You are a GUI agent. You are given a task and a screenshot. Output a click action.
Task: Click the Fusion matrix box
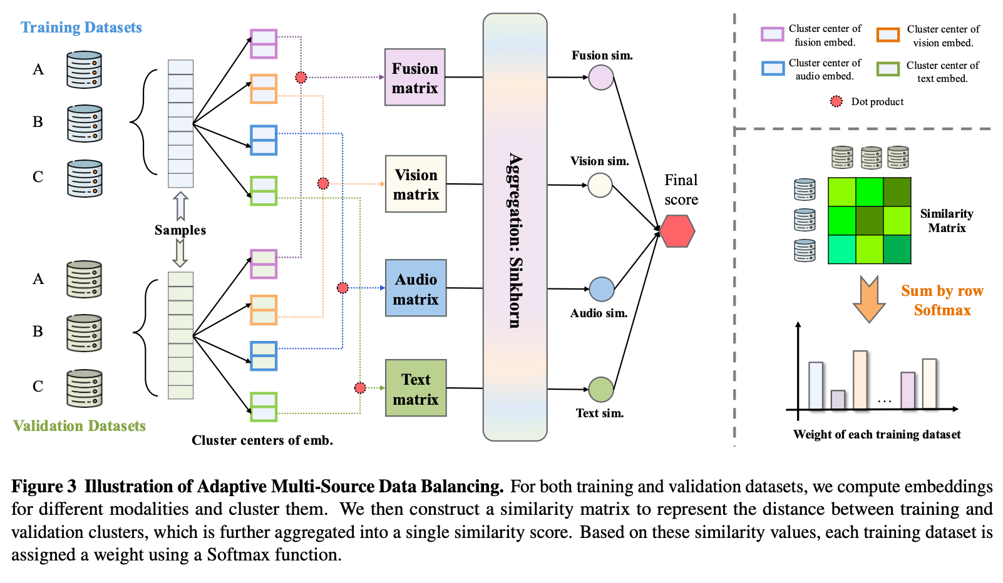[414, 78]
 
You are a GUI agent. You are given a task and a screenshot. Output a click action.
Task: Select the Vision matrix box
[416, 184]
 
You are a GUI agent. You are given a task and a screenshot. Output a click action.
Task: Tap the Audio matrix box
[416, 288]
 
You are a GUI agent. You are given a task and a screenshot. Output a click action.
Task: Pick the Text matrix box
[416, 388]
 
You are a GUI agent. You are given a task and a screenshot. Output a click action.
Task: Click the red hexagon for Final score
[677, 231]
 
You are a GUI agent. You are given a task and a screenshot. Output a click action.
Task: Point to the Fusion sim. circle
[601, 78]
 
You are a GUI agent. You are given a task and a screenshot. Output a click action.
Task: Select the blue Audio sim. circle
[602, 290]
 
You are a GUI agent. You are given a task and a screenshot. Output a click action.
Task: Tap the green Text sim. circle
[601, 390]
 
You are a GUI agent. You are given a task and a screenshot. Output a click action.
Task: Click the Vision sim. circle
[600, 185]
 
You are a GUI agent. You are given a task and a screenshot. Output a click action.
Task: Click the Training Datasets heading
[81, 28]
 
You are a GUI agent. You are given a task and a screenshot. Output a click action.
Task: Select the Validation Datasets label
[80, 426]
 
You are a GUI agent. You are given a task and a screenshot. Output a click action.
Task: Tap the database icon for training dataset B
[85, 123]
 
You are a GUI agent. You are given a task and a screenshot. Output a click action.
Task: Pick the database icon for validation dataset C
[85, 388]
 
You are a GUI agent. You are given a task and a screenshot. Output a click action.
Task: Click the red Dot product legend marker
[836, 101]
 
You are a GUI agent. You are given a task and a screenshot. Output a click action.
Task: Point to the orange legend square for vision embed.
[888, 35]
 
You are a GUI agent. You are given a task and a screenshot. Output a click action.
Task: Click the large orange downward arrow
[869, 299]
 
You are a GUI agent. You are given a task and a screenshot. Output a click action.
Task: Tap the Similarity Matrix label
[947, 221]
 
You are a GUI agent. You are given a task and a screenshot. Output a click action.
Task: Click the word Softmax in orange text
[942, 310]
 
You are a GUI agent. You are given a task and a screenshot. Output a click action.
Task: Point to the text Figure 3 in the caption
[44, 487]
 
